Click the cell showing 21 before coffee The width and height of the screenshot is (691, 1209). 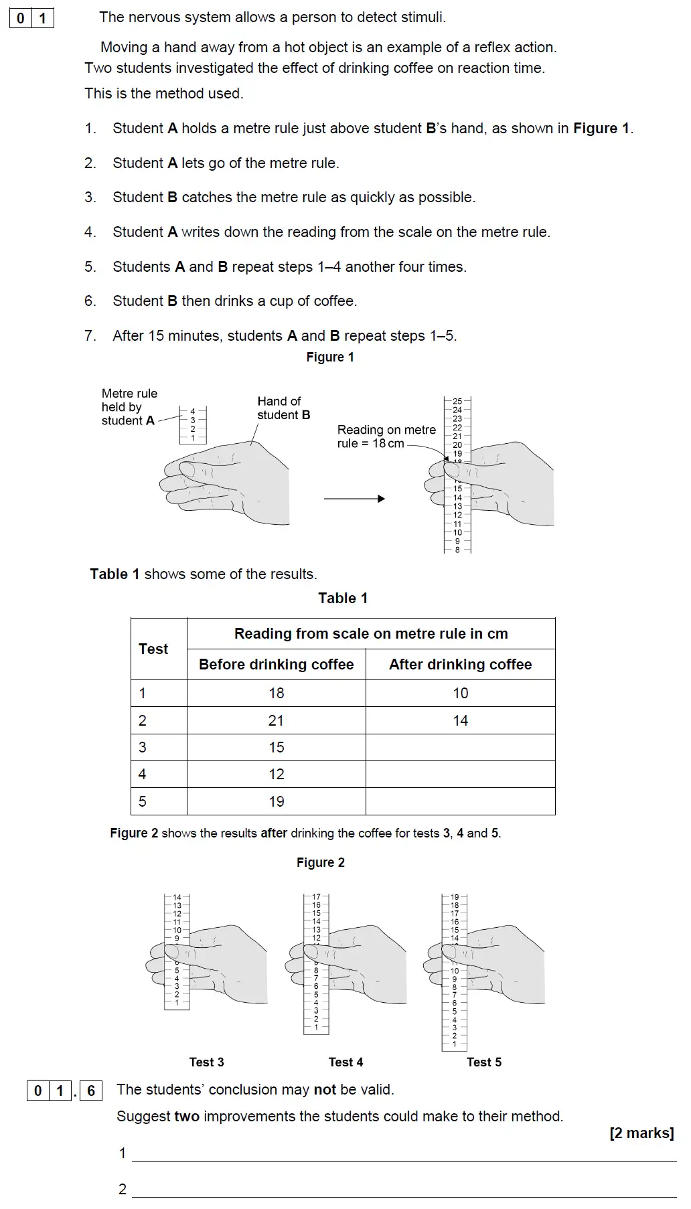276,720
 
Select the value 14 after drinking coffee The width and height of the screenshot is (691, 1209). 460,720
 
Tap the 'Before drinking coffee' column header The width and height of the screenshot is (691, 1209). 276,664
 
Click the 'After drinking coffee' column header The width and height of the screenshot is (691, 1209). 460,664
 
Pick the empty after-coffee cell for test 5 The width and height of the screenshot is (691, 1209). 460,801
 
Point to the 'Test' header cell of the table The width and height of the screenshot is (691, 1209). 153,649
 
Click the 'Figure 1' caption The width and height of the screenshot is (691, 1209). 329,357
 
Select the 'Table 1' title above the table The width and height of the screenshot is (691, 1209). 342,598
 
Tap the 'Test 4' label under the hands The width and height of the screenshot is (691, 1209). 345,1062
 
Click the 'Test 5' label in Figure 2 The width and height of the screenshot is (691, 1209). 483,1062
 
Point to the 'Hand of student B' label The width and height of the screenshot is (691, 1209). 283,408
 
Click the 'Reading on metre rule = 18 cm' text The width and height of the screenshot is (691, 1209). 386,436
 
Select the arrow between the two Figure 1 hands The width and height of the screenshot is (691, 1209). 354,499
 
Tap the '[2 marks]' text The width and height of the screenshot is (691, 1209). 641,1133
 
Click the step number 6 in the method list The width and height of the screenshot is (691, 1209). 90,301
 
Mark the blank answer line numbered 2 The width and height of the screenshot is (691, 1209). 404,1190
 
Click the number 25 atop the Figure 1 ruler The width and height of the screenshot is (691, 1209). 457,401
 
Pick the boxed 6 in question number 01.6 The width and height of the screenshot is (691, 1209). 91,1091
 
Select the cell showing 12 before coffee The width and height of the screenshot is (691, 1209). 276,774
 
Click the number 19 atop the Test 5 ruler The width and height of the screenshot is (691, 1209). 455,897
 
